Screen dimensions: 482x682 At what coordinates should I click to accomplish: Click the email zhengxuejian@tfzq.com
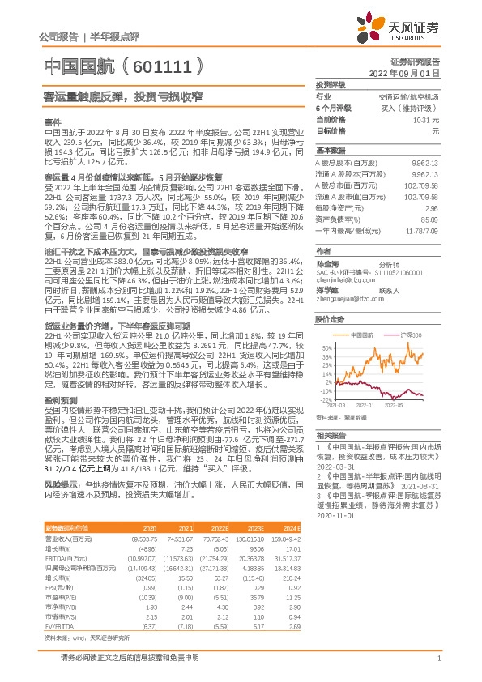point(342,297)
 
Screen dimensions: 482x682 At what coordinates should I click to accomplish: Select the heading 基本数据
point(331,151)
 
